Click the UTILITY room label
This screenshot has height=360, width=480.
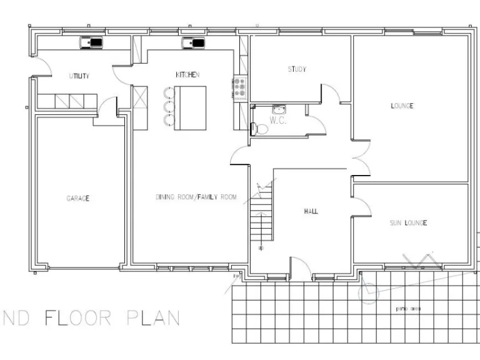(79, 76)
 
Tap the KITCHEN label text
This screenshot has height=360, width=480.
(187, 75)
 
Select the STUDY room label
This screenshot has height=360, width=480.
(297, 69)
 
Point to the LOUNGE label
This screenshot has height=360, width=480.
(402, 106)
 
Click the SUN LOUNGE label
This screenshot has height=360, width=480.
(408, 223)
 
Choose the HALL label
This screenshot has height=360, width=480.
(311, 211)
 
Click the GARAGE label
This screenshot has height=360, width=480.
(78, 199)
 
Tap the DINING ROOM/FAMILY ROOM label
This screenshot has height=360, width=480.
(196, 197)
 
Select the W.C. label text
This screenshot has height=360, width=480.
(278, 120)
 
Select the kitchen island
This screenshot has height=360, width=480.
(189, 108)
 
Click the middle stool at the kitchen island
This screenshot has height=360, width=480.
(167, 106)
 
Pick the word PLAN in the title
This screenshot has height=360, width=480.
(153, 317)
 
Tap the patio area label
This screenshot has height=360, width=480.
(407, 309)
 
